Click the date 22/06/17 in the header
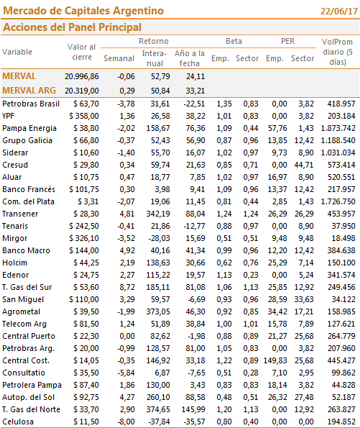pos(338,12)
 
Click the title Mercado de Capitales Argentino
pos(83,11)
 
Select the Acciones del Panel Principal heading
pos(72,27)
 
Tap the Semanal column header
pos(119,58)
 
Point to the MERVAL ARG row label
pos(29,91)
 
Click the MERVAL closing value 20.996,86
pos(81,76)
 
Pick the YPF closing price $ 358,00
pos(84,116)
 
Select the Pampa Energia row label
pos(29,128)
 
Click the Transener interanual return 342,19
pos(158,214)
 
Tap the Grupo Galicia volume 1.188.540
pos(338,140)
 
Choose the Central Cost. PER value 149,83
pos(275,360)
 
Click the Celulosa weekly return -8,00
pos(126,422)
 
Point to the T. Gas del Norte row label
pos(31,409)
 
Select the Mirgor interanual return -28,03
pos(159,238)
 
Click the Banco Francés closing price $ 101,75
pos(84,189)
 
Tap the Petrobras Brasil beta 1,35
pos(224,104)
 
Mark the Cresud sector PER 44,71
pos(304,165)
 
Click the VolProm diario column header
pos(338,52)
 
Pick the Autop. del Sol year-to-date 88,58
pos(195,397)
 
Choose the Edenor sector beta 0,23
pos(251,275)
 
